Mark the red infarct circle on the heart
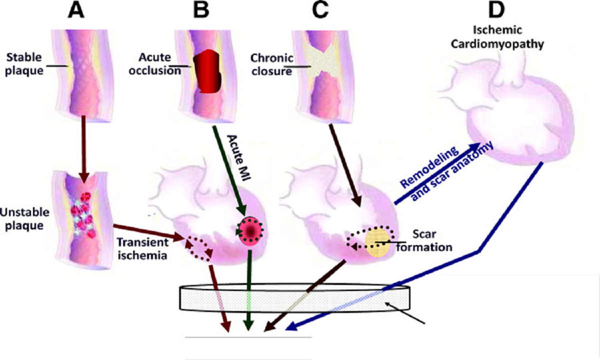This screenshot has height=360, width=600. [x=249, y=231]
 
